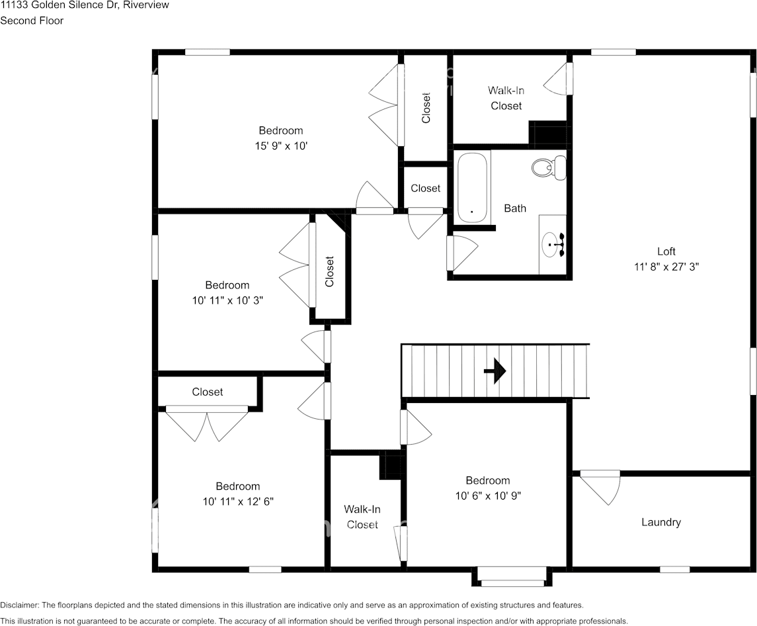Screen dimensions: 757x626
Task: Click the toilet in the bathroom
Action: pos(549,167)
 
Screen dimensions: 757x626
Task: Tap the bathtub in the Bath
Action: pos(472,187)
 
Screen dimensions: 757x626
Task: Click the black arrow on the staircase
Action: pos(495,371)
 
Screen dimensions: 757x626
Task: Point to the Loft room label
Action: pos(666,251)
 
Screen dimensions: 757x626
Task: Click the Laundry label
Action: pos(661,522)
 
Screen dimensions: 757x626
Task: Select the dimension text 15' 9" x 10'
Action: pos(281,146)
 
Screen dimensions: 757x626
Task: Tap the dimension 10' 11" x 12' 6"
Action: pos(238,502)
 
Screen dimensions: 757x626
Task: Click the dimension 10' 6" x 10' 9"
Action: pos(488,496)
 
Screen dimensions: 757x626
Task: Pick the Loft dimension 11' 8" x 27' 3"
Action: pos(666,267)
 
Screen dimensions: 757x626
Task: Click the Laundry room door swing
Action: pos(600,488)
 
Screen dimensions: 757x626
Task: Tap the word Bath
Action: pos(515,208)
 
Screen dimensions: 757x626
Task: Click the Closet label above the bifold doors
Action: pos(207,392)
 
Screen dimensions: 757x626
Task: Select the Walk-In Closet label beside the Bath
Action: pos(506,98)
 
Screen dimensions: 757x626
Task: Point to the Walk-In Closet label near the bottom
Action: pos(362,517)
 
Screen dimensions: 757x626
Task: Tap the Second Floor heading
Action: pos(32,21)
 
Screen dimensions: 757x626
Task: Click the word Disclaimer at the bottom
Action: pos(19,605)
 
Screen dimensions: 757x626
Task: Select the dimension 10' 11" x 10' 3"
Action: pos(227,300)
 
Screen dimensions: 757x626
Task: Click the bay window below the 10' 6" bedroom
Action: pos(512,577)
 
